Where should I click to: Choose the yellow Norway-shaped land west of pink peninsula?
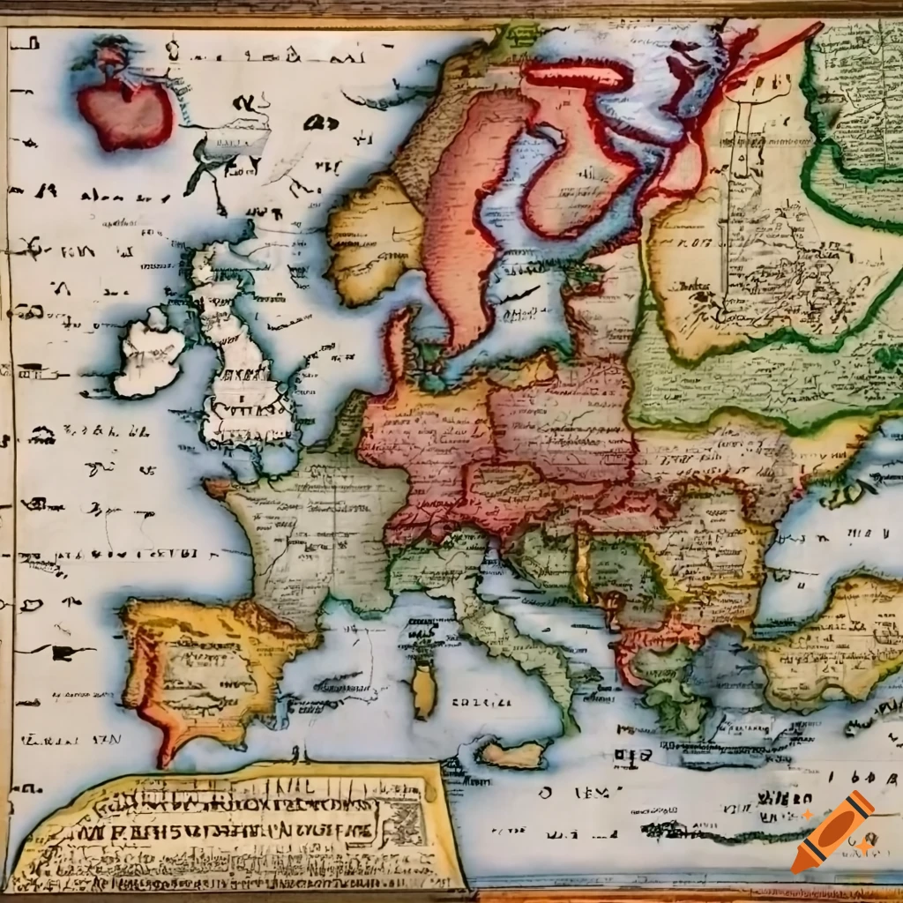370,238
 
